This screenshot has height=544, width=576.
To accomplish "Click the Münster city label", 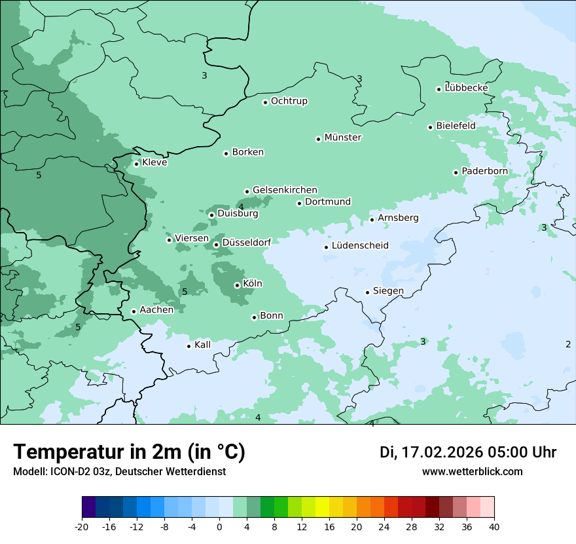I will coord(343,138).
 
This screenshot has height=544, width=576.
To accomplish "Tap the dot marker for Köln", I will coord(237,285).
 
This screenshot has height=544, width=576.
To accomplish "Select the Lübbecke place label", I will coord(466,88).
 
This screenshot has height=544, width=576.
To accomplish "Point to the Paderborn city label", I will coord(484,171).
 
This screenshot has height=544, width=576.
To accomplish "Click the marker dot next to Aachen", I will coord(134,311).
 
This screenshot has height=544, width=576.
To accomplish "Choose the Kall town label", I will coord(203,345).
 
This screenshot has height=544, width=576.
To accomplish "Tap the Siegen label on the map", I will coord(388,291).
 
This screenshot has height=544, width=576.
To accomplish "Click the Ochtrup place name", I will coord(289,101).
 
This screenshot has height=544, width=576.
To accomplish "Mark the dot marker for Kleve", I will coord(136,164).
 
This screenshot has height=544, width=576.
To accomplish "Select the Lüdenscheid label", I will coord(360,246).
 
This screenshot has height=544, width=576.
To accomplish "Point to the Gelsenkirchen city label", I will coord(285,190).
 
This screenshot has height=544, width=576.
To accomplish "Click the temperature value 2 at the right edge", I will coord(567,344).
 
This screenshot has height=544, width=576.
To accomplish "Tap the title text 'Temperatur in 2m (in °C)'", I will coord(129,452).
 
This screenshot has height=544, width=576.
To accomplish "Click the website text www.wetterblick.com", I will coord(472,472).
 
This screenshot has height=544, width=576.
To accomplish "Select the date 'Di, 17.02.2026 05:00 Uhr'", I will coord(468,452).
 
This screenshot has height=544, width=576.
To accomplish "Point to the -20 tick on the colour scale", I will coord(82,527).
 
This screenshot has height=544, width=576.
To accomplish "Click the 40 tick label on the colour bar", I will coord(494,527).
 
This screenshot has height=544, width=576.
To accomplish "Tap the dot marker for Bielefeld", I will coord(430,127).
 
